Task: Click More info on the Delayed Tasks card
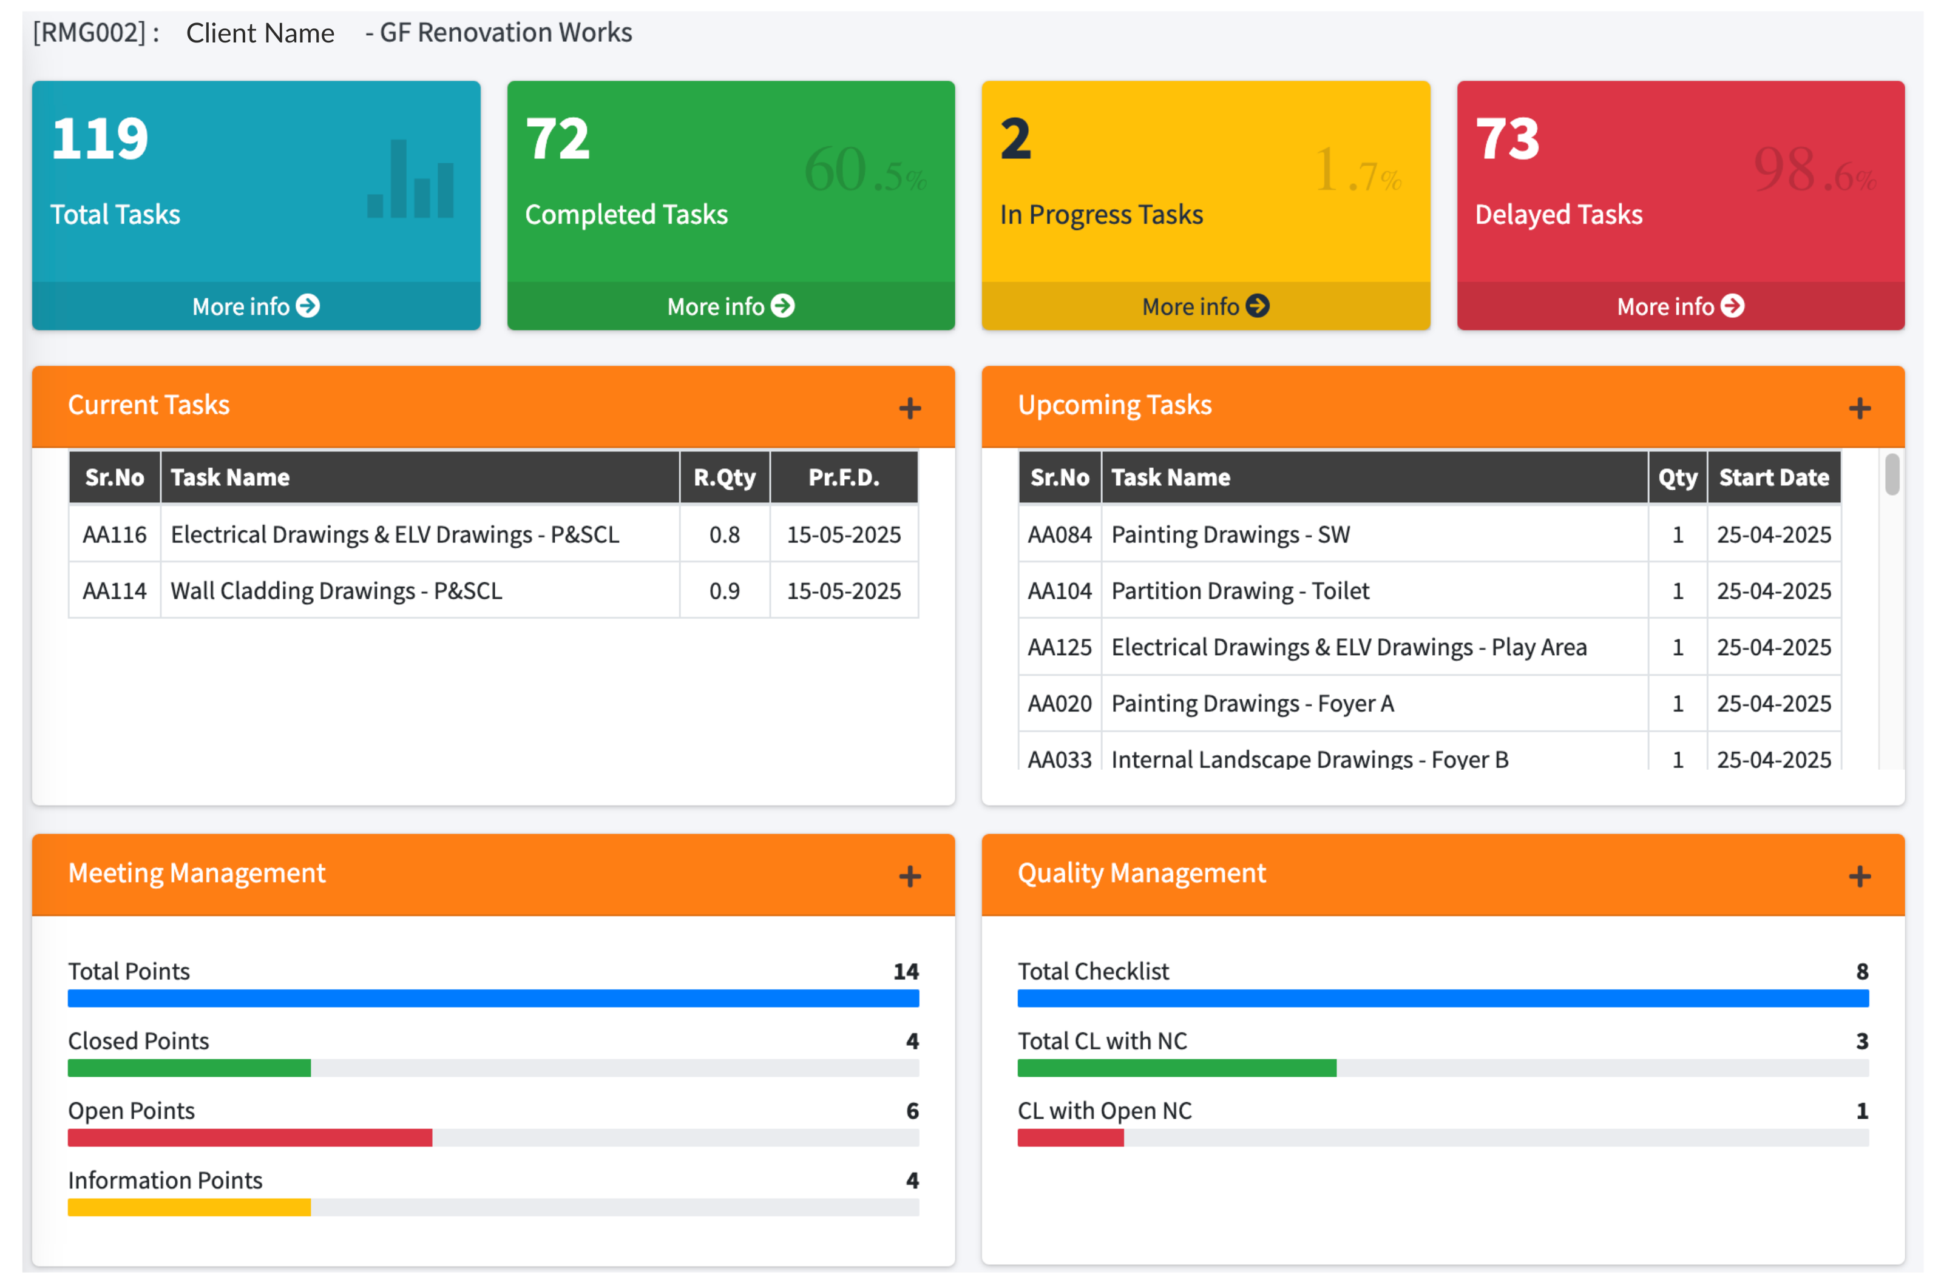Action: pyautogui.click(x=1680, y=306)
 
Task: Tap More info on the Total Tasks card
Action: pyautogui.click(x=256, y=306)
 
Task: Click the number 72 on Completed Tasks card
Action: pyautogui.click(x=558, y=138)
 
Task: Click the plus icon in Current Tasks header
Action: pyautogui.click(x=910, y=408)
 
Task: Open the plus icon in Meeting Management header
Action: pyautogui.click(x=910, y=877)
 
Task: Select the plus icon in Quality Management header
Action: pyautogui.click(x=1859, y=877)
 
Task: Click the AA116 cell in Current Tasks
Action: pyautogui.click(x=115, y=534)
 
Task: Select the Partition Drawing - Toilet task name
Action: pyautogui.click(x=1239, y=591)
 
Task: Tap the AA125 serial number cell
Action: pyautogui.click(x=1059, y=647)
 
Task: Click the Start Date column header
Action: pyautogui.click(x=1773, y=477)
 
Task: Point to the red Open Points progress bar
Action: pyautogui.click(x=249, y=1137)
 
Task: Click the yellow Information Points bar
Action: pyautogui.click(x=189, y=1207)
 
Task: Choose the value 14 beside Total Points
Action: pyautogui.click(x=906, y=971)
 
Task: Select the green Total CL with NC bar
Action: pyautogui.click(x=1176, y=1068)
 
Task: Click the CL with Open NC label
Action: pyautogui.click(x=1105, y=1110)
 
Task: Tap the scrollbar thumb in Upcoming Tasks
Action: pyautogui.click(x=1891, y=474)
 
